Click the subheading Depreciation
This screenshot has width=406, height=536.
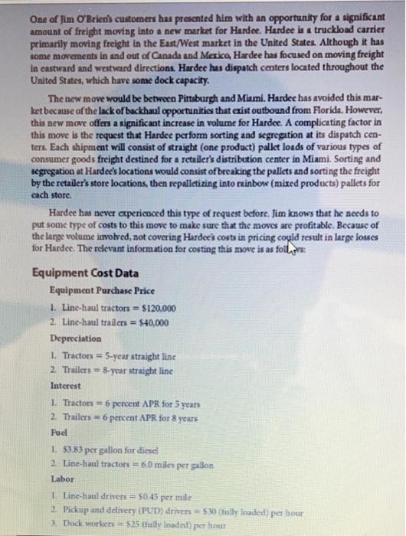pyautogui.click(x=75, y=338)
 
